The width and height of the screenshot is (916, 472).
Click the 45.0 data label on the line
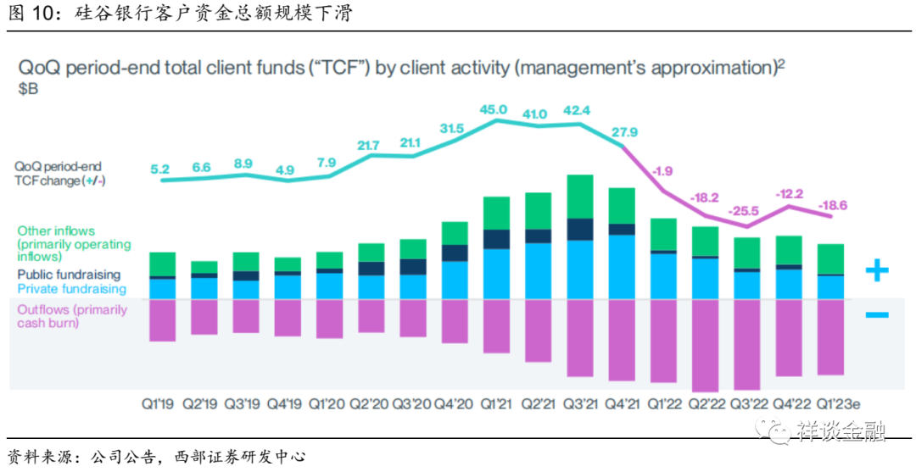pos(494,109)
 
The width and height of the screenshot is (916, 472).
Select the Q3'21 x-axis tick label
pos(580,403)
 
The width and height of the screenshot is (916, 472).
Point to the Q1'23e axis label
pos(831,403)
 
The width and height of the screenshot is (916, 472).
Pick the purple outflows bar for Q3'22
pos(747,343)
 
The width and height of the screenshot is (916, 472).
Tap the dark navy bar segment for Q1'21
pos(497,239)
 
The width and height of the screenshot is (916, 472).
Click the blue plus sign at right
pos(876,271)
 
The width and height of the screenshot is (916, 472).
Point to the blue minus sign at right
pos(876,315)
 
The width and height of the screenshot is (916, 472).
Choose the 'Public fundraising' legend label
pos(69,275)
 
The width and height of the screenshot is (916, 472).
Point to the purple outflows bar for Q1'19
pos(162,319)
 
